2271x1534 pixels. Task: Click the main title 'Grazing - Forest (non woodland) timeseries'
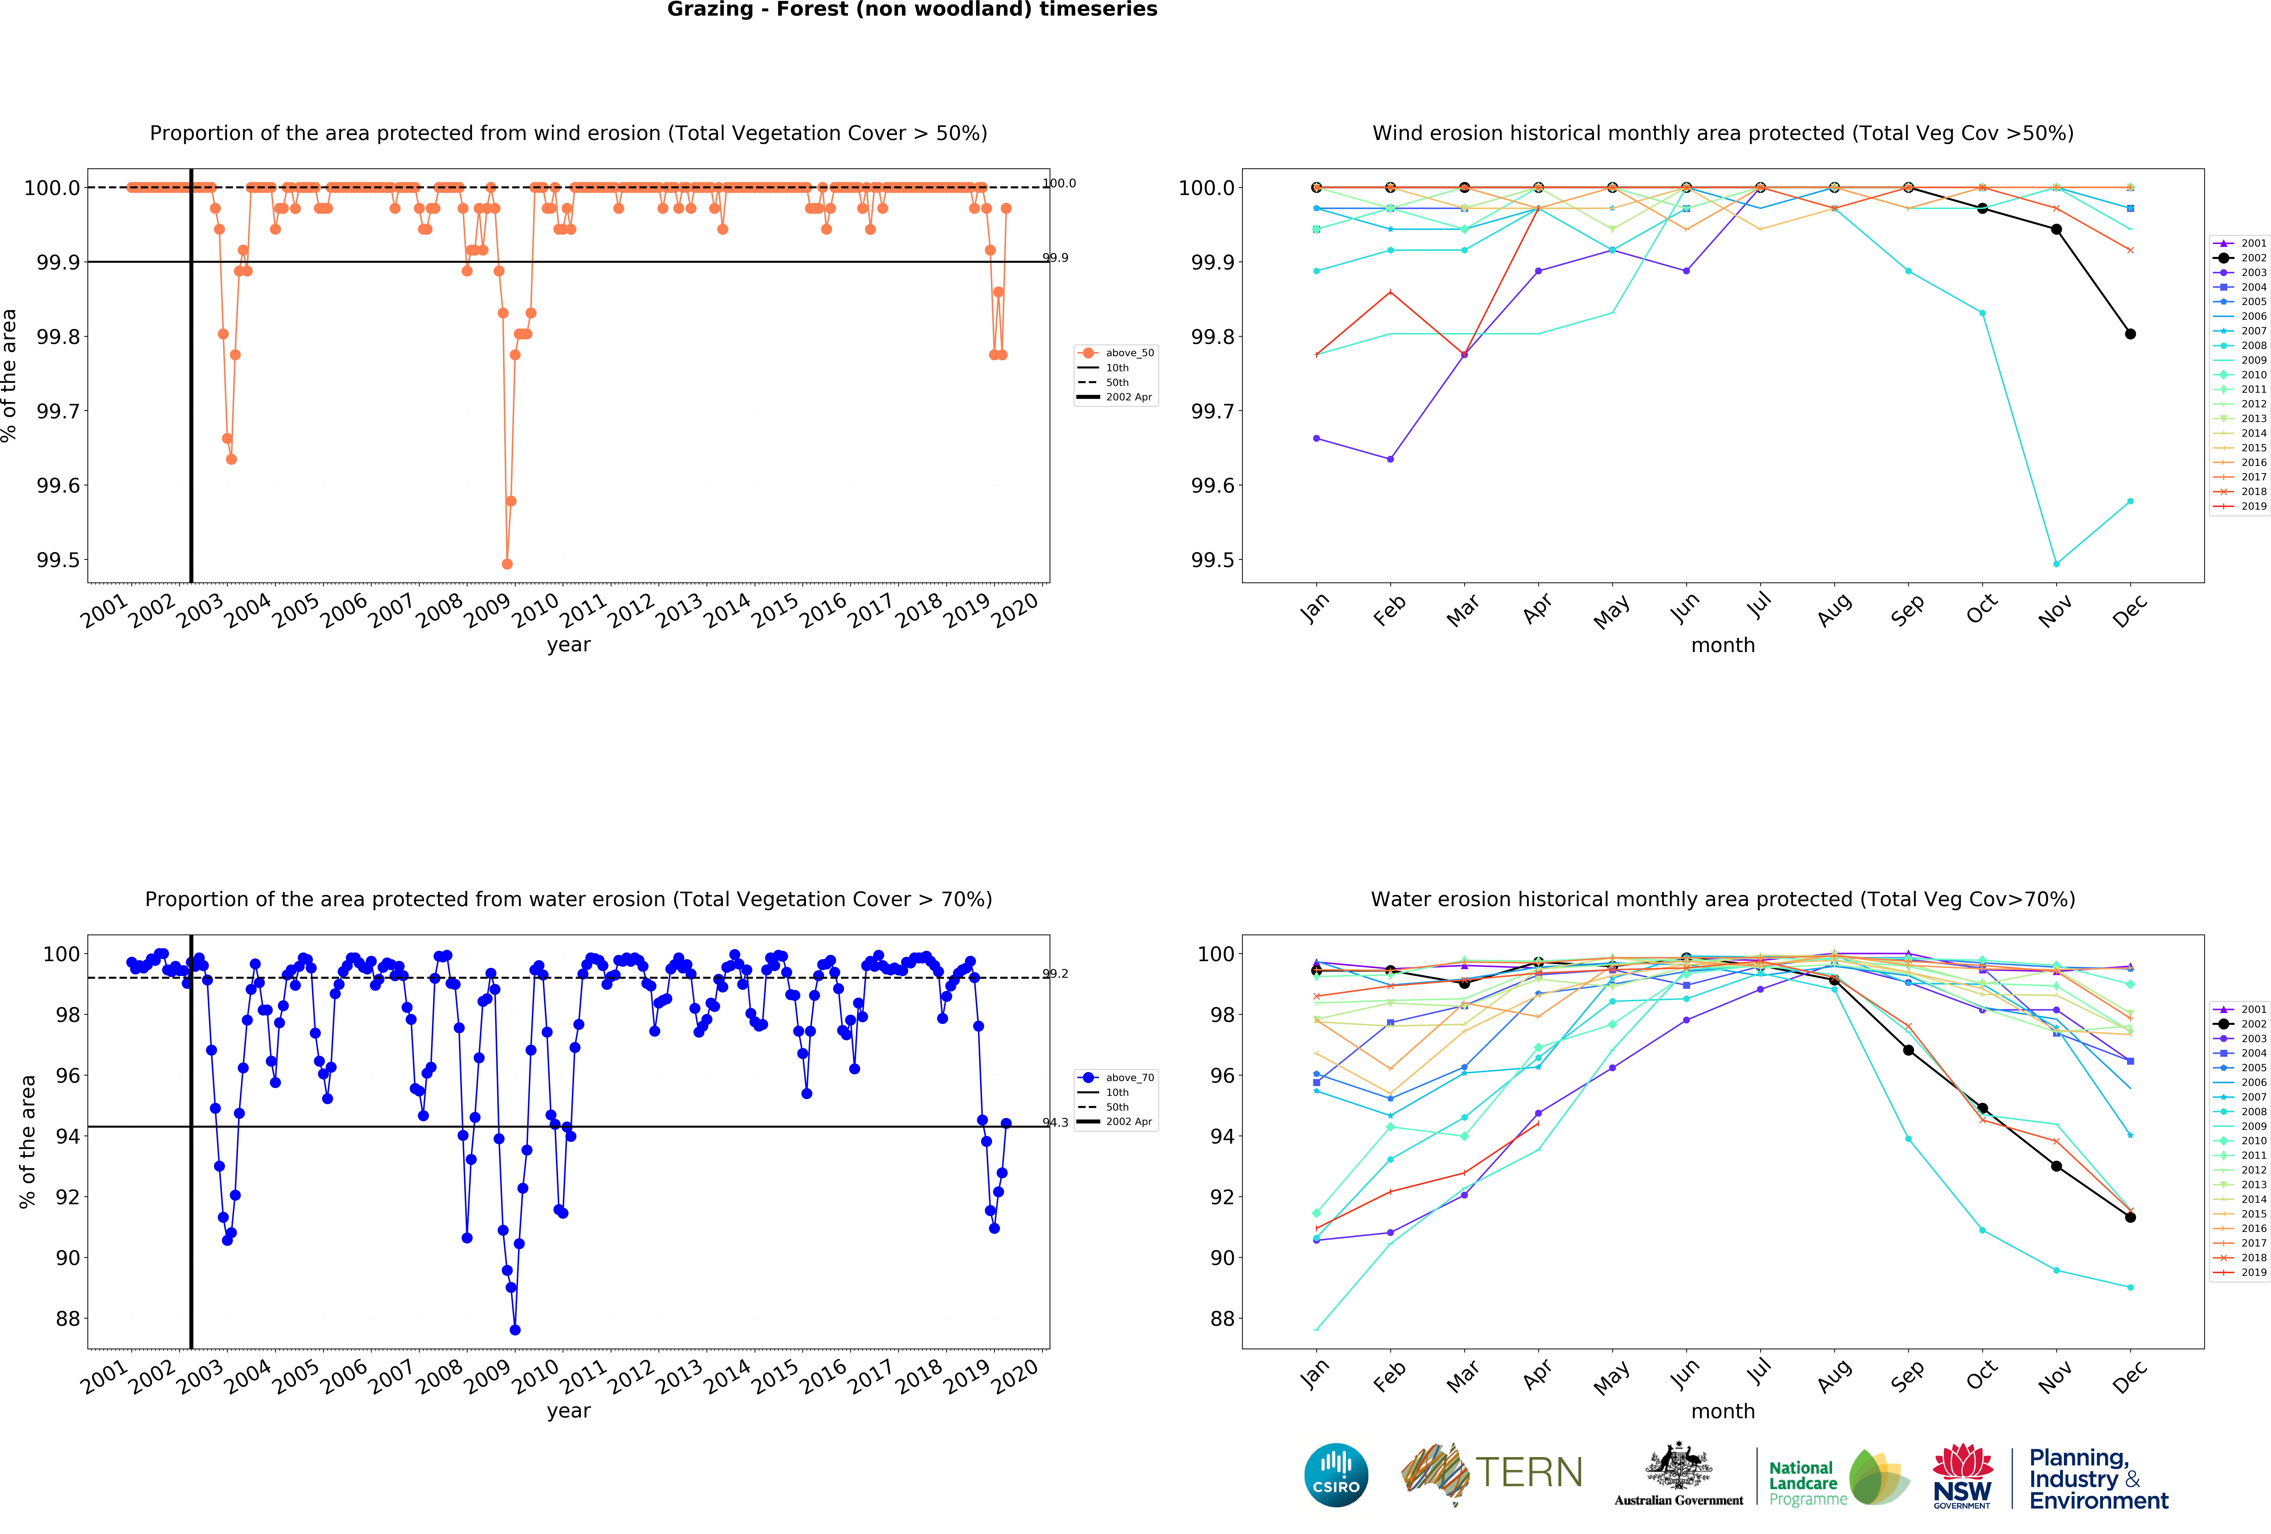(x=912, y=10)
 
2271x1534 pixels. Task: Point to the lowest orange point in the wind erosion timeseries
(x=506, y=564)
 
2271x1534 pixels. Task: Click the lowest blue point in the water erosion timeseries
(x=515, y=1330)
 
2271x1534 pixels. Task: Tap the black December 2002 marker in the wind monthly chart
(x=2130, y=334)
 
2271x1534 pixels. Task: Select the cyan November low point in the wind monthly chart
(x=2056, y=564)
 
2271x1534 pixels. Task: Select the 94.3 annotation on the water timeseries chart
(x=1055, y=1123)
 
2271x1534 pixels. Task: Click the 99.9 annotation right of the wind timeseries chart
(x=1055, y=258)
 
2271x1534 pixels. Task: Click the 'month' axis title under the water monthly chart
(x=1723, y=1411)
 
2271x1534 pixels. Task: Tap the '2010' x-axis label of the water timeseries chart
(x=535, y=1376)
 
